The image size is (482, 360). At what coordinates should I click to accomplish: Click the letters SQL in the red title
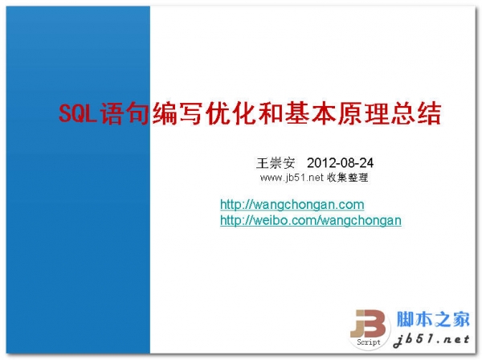pyautogui.click(x=78, y=112)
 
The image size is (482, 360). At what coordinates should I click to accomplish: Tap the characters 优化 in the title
pyautogui.click(x=223, y=112)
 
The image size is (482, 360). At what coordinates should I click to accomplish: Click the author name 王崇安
pyautogui.click(x=269, y=162)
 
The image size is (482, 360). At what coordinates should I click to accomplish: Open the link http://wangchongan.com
pyautogui.click(x=292, y=205)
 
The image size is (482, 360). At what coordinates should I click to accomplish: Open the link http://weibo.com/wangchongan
pyautogui.click(x=311, y=219)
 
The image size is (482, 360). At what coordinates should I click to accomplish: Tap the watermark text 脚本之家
pyautogui.click(x=433, y=319)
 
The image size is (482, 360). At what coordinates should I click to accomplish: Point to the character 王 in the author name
pyautogui.click(x=259, y=162)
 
